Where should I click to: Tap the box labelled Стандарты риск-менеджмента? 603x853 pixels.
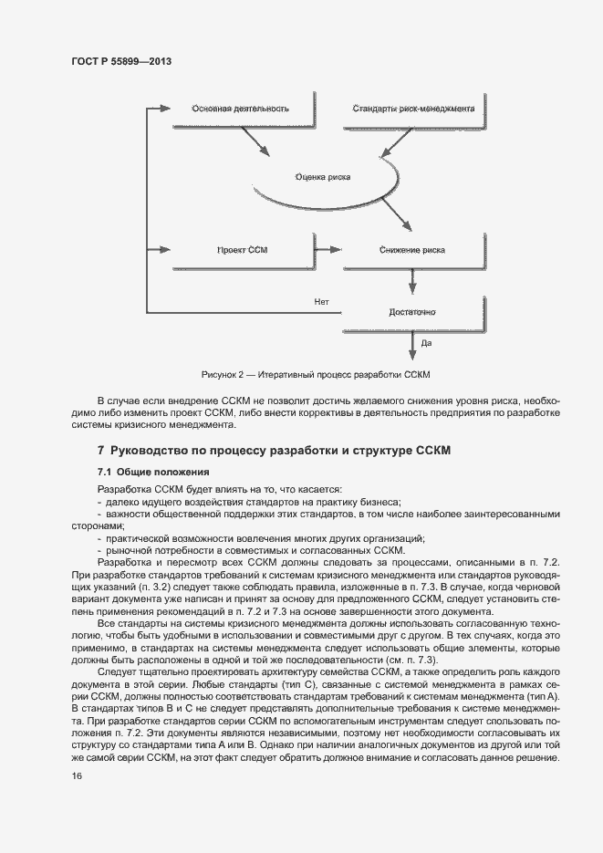[x=413, y=109]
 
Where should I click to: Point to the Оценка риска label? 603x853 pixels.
[x=323, y=178]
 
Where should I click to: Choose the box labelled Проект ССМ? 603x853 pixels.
[x=242, y=249]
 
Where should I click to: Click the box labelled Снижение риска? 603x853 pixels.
[x=411, y=249]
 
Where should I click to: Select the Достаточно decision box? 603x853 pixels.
[x=411, y=313]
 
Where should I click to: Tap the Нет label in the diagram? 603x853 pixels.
[x=321, y=301]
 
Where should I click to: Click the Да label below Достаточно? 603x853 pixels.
[x=426, y=344]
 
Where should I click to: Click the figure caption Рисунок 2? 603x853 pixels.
[x=316, y=375]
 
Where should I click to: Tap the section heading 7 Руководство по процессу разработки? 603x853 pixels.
[x=274, y=451]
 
